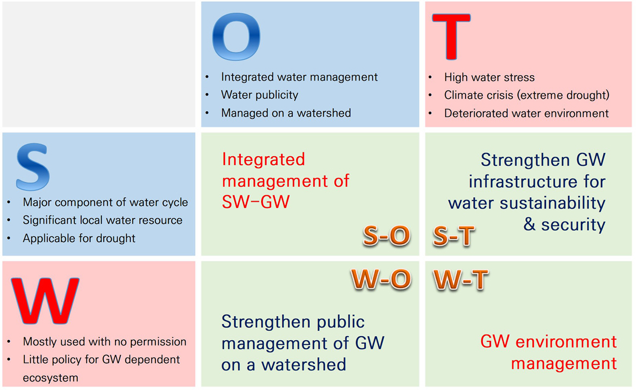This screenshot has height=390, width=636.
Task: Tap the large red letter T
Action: [451, 36]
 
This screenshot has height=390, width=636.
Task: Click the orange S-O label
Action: [387, 236]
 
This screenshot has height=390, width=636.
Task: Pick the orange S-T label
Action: [453, 236]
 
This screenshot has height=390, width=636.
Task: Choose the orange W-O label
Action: [381, 279]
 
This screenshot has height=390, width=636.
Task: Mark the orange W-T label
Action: [460, 280]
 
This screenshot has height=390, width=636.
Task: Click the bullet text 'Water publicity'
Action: [260, 95]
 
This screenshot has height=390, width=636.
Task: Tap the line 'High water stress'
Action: [489, 77]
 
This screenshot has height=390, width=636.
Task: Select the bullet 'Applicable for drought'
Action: [79, 238]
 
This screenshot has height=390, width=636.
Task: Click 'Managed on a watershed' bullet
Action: [286, 113]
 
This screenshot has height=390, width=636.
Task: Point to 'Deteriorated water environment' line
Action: [526, 113]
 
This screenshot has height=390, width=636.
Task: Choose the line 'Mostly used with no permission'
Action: [105, 342]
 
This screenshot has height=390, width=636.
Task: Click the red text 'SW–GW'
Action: [256, 202]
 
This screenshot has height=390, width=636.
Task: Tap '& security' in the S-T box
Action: [564, 225]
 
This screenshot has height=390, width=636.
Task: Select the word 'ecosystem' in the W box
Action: [50, 378]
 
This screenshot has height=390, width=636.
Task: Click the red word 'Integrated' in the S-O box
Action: [263, 159]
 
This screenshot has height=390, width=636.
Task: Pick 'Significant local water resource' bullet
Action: [103, 220]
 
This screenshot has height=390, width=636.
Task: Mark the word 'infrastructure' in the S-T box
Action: [523, 181]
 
